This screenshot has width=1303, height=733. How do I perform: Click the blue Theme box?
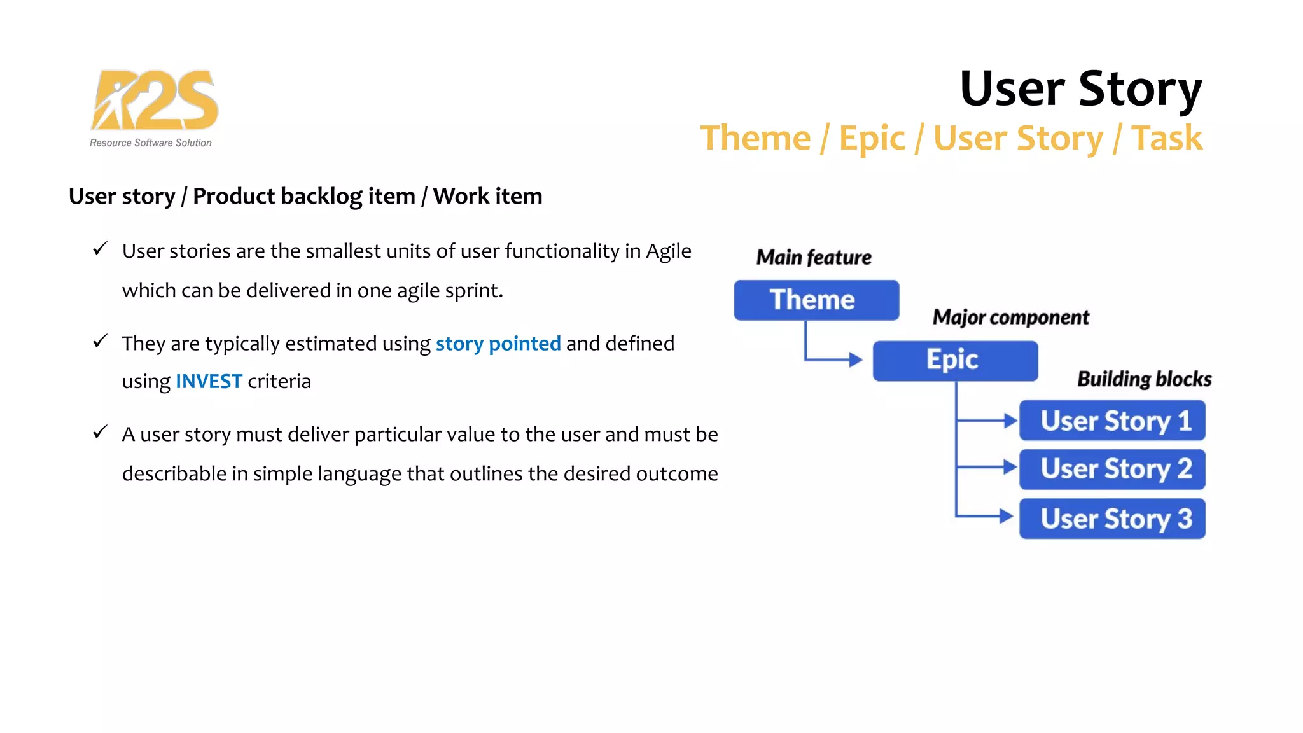coord(816,300)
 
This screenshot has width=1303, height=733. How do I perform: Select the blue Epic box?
coord(954,360)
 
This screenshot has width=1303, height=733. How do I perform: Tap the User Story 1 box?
coord(1112,421)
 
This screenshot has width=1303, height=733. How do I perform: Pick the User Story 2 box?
coord(1112,470)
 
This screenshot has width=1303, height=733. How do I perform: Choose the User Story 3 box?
coord(1112,519)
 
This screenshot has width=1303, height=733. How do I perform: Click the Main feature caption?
coord(814,257)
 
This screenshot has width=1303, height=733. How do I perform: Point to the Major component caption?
coord(1010,317)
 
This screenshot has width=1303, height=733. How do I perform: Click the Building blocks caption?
coord(1144,379)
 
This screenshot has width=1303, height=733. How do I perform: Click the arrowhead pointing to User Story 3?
coord(1007,516)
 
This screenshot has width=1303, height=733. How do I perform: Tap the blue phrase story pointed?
coord(498,344)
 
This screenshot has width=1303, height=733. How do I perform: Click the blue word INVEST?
coord(209,381)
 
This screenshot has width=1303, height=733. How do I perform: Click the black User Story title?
coord(1080,88)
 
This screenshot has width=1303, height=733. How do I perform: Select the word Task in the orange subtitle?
coord(1167,138)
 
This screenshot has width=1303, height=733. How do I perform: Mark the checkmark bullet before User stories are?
coord(100,249)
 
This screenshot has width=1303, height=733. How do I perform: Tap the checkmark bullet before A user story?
coord(100,432)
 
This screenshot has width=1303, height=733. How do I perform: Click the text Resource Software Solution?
coord(151,143)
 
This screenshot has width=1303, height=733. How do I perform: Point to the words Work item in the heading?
coord(487,196)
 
